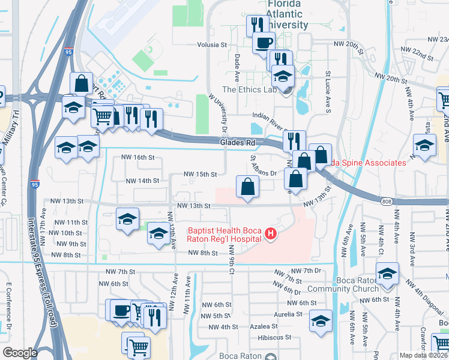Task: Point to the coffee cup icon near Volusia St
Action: point(264,42)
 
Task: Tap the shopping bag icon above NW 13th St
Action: point(247,187)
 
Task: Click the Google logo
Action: point(20,352)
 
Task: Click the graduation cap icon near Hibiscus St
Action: point(321,321)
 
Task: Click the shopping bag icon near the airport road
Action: point(81,83)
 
